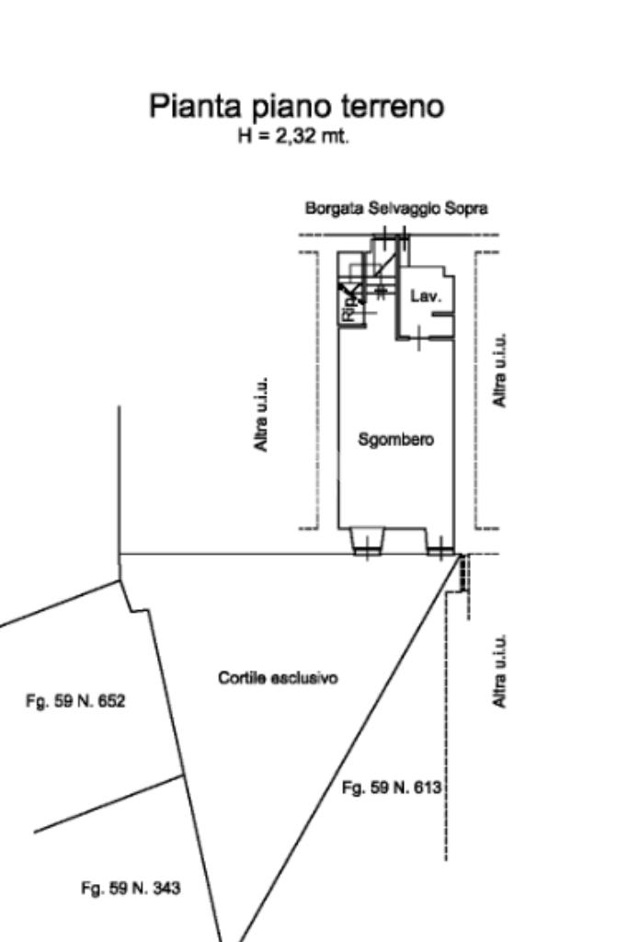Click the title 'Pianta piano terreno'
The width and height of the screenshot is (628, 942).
296,106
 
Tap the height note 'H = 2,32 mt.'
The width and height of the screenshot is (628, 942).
293,137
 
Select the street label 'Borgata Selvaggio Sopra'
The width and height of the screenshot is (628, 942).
396,209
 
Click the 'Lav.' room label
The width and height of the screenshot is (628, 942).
426,296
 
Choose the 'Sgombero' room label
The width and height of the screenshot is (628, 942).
395,440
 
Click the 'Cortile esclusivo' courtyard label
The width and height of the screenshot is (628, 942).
278,678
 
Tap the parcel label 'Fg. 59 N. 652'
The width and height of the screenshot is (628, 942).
75,701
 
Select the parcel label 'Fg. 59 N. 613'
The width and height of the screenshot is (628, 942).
392,787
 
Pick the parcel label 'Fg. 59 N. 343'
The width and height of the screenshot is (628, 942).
131,889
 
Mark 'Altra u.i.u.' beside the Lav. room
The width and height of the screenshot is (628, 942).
499,370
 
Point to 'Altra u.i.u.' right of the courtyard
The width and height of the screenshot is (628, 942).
499,671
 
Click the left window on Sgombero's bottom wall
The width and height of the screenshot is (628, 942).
367,543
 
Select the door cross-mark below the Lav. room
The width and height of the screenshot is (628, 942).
417,338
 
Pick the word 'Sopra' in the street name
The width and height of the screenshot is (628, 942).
466,209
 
